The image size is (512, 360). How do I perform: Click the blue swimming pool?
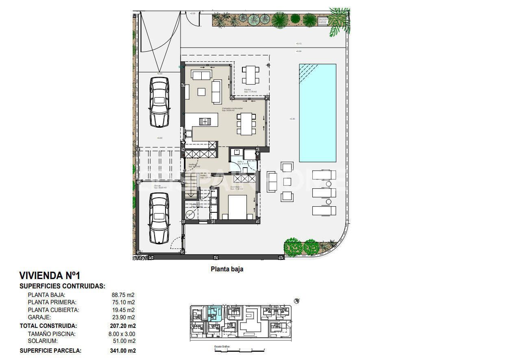point(318,113)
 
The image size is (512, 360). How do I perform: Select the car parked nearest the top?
point(159,102)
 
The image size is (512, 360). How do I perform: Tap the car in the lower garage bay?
point(159,218)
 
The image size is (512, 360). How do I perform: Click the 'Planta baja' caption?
point(227,269)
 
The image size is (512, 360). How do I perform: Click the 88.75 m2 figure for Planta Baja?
point(123,295)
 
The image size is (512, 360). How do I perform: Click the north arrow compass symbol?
point(297,301)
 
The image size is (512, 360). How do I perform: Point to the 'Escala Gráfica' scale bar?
point(240,349)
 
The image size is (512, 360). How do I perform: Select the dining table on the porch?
point(251,75)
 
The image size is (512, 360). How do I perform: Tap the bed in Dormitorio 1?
point(237,207)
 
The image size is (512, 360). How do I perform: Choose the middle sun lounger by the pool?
point(324,192)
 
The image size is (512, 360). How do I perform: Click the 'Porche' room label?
point(248,90)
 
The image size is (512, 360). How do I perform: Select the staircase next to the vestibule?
point(191,185)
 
